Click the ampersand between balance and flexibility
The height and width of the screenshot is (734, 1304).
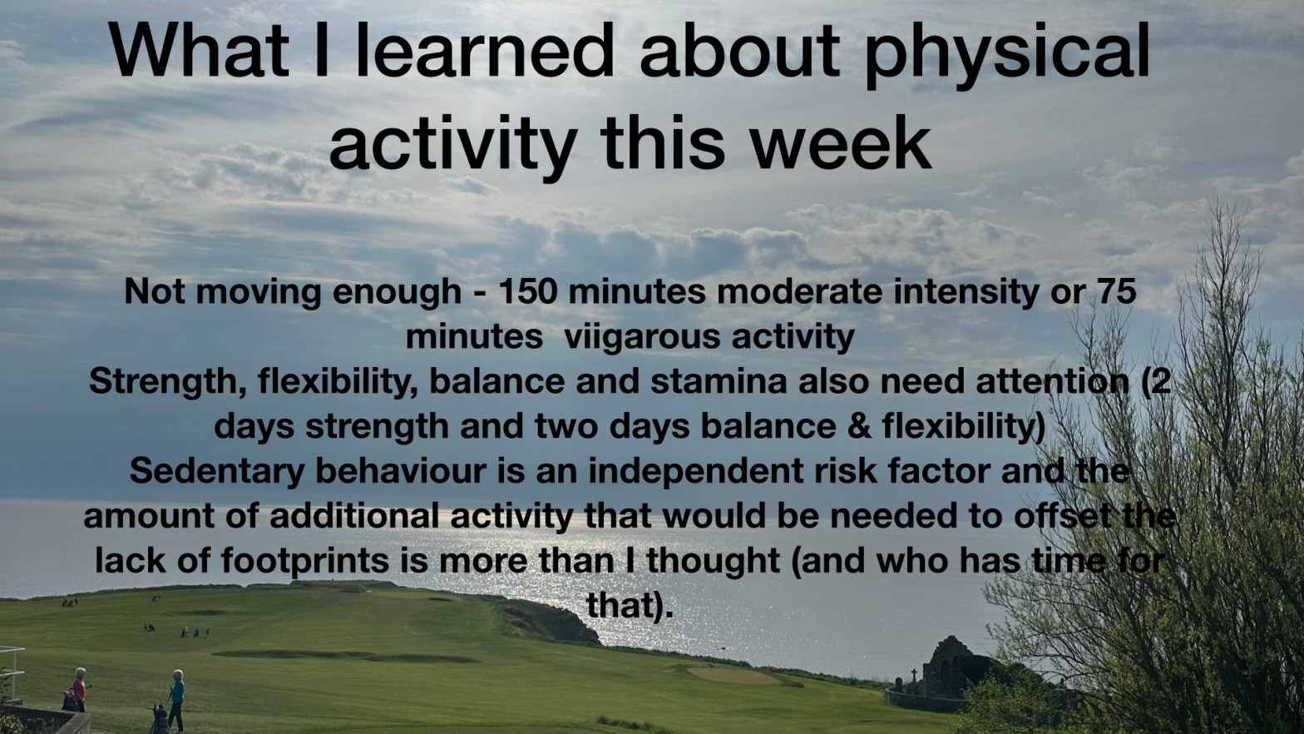tap(859, 426)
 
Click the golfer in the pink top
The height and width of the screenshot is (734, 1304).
tap(80, 689)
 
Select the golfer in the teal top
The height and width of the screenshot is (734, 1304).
tap(176, 699)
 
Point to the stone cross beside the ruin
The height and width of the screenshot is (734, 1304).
tap(913, 677)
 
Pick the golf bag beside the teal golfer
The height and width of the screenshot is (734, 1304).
tap(158, 719)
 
